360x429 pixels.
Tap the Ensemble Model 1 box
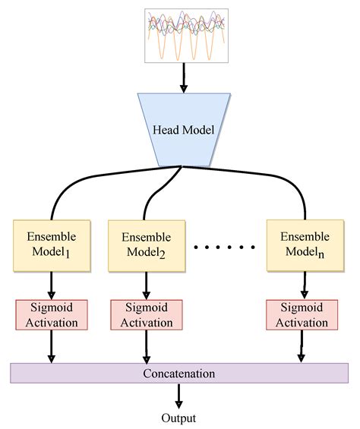[x=52, y=244]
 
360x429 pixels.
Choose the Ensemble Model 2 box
[x=146, y=245]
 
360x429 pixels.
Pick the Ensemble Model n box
[x=304, y=244]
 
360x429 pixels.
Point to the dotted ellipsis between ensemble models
[x=225, y=248]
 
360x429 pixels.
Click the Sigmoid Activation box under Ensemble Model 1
[x=52, y=314]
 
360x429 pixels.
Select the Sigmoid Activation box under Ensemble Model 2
[x=146, y=314]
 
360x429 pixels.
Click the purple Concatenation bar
[x=179, y=374]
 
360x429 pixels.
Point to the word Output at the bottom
[x=179, y=418]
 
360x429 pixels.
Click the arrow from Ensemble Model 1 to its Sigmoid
[x=52, y=285]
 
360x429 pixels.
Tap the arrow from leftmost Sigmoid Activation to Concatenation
[x=52, y=346]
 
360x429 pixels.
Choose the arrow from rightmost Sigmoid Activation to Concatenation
[x=302, y=346]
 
